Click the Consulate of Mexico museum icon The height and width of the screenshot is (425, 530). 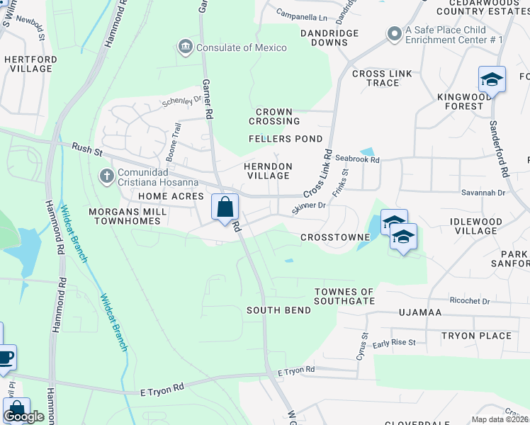coord(185,47)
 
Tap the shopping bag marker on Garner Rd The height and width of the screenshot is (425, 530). coord(225,208)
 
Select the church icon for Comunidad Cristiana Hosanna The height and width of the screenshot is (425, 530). coord(107,175)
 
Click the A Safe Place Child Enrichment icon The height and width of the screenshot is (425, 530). coord(394,33)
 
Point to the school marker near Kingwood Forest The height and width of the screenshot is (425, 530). coord(492,79)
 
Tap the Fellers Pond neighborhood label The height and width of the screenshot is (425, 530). coord(286,139)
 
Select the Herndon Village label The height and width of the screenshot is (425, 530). coord(268,170)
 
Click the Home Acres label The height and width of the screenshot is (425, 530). coord(171,196)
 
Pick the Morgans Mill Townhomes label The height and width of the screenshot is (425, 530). coord(127,217)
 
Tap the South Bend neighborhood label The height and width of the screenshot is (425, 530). coord(278,310)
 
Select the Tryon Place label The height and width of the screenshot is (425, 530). coord(476,336)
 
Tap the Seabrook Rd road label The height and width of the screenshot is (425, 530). coord(358,160)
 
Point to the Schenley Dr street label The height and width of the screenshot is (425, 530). coord(182,101)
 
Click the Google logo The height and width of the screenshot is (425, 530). coord(23,416)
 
